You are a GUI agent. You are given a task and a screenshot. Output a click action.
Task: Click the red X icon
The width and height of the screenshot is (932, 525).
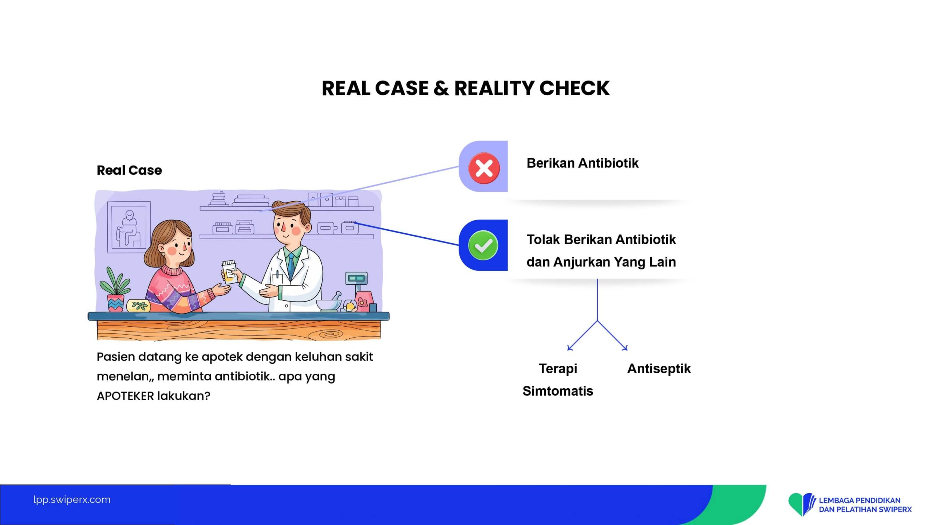click(x=484, y=168)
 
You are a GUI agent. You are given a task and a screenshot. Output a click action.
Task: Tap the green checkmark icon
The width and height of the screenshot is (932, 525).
click(x=483, y=245)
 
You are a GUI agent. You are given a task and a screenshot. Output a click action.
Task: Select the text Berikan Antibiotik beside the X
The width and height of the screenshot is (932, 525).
click(x=582, y=163)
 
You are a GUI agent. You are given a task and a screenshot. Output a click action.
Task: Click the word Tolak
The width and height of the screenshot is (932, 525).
click(x=543, y=240)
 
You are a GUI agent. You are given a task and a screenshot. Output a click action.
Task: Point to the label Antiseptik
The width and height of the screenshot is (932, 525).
click(x=659, y=369)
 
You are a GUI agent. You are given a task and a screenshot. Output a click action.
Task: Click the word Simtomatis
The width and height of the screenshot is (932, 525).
click(x=558, y=391)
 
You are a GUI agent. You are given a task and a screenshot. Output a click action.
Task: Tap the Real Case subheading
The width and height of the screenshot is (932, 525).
click(x=129, y=170)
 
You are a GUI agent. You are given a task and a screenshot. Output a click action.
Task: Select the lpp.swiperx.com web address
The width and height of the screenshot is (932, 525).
click(x=72, y=499)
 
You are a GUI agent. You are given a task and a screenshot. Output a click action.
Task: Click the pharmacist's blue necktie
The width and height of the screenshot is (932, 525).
click(x=291, y=267)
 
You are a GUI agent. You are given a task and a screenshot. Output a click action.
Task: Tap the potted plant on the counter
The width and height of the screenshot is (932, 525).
click(x=115, y=290)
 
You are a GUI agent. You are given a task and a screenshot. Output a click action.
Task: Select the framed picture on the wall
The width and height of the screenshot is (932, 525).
click(x=129, y=227)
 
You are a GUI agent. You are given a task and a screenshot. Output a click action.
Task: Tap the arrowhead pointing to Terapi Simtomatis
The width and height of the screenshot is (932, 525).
click(x=570, y=348)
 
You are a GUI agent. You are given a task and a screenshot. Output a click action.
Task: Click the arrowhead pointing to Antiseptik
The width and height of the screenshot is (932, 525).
click(x=625, y=348)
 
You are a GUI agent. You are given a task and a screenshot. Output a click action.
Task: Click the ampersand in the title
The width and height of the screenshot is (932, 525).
click(x=441, y=88)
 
